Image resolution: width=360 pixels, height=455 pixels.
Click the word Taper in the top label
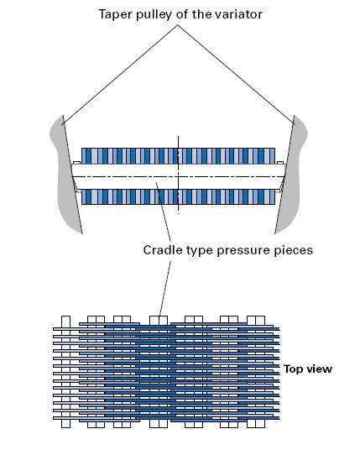pos(116,15)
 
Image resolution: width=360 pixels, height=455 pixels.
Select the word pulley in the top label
pos(154,15)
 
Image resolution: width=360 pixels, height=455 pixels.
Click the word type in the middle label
pos(200,251)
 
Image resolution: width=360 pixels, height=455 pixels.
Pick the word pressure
pos(243,251)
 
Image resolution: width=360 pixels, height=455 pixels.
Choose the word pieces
pos(293,251)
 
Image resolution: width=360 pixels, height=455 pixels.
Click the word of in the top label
pos(182,14)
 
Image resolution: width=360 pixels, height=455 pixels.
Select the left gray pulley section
pos(66,174)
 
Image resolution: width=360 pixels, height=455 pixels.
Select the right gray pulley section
pos(290,174)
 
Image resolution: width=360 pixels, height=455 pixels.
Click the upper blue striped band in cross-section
pos(178,156)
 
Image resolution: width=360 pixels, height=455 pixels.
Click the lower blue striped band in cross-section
pos(178,196)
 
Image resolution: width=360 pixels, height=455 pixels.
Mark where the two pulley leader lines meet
pos(178,25)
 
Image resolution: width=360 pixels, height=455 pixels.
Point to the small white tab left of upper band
pos(77,163)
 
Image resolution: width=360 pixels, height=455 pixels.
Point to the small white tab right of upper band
pos(280,163)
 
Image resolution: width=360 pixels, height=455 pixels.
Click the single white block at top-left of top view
pos(65,322)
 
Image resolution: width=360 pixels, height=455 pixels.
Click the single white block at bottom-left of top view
pos(65,423)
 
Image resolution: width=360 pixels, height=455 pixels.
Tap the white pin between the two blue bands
pos(178,177)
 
